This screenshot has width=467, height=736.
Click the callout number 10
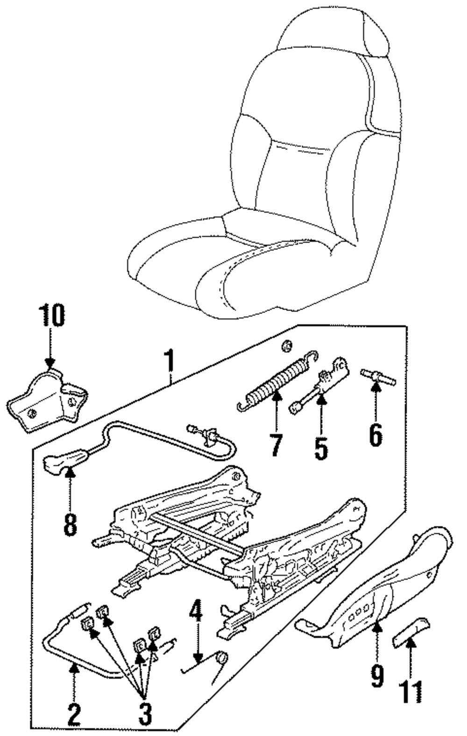point(51,316)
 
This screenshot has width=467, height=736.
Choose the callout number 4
point(197,617)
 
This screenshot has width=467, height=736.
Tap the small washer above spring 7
point(287,346)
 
